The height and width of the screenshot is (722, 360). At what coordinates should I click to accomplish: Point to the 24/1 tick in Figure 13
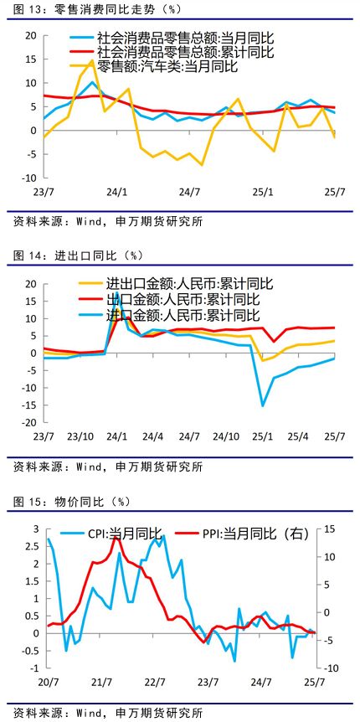coord(118,192)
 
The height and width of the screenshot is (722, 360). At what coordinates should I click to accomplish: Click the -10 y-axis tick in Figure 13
coord(29,178)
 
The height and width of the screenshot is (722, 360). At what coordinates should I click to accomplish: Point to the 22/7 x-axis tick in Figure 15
coord(155,682)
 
